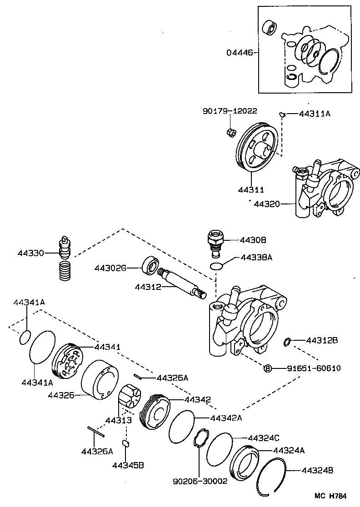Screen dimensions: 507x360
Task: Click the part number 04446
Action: pyautogui.click(x=240, y=53)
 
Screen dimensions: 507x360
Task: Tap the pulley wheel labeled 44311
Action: pyautogui.click(x=258, y=148)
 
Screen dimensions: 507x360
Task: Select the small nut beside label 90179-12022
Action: pyautogui.click(x=230, y=132)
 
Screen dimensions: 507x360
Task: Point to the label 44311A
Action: pyautogui.click(x=315, y=114)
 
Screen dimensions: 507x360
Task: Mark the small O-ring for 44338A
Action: pyautogui.click(x=217, y=266)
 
